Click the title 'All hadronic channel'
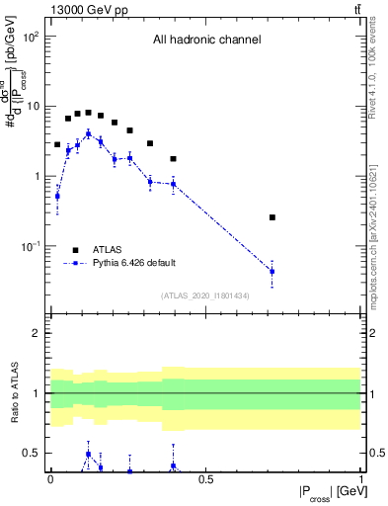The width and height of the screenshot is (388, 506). click(x=206, y=41)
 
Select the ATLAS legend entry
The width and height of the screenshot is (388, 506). click(x=109, y=249)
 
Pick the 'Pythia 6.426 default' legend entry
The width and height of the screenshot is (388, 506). click(x=133, y=263)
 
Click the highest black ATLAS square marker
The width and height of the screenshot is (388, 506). click(x=89, y=113)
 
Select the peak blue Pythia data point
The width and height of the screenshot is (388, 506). click(x=89, y=133)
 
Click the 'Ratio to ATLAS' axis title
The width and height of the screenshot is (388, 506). click(x=12, y=393)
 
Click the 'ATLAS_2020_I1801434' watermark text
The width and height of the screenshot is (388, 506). click(x=205, y=295)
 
